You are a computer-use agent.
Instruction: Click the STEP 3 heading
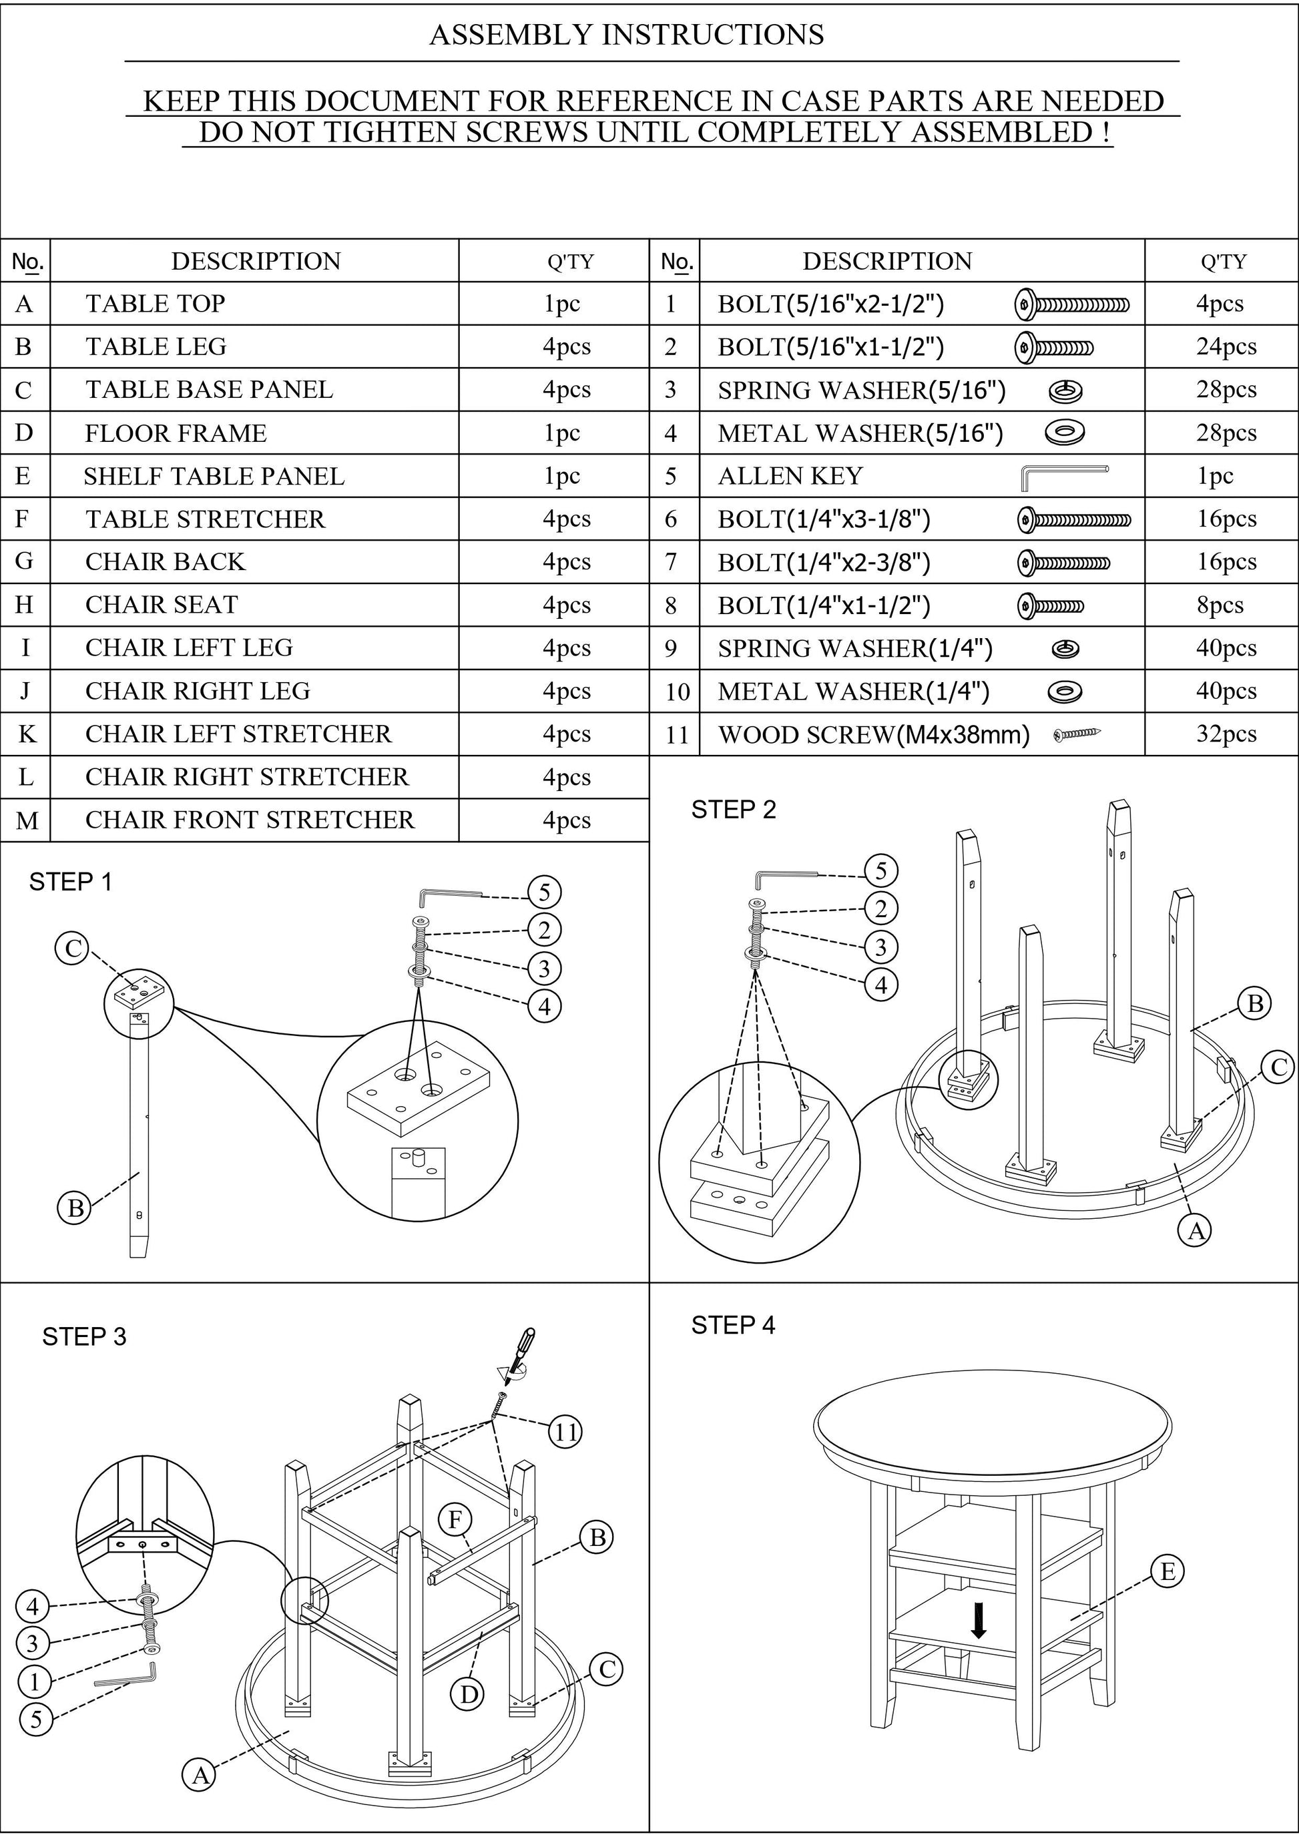coord(84,1337)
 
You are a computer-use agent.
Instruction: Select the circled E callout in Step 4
coord(1167,1572)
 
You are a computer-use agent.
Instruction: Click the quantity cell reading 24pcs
coord(1226,346)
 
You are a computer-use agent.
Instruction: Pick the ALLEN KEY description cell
coord(790,476)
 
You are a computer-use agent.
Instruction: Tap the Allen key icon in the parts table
coord(1065,477)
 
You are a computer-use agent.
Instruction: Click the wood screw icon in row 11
coord(1077,733)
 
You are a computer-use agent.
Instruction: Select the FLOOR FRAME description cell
coord(176,433)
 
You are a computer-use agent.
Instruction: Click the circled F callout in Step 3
coord(455,1519)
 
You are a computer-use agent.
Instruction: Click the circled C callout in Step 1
coord(73,949)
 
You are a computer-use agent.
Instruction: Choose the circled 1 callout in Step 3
coord(35,1681)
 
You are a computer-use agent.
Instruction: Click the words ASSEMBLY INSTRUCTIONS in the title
coord(626,35)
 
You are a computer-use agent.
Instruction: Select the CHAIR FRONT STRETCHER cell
coord(250,820)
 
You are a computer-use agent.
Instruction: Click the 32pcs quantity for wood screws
coord(1226,734)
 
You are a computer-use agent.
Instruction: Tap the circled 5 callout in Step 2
coord(880,870)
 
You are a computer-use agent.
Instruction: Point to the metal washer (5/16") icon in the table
coord(1065,433)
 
